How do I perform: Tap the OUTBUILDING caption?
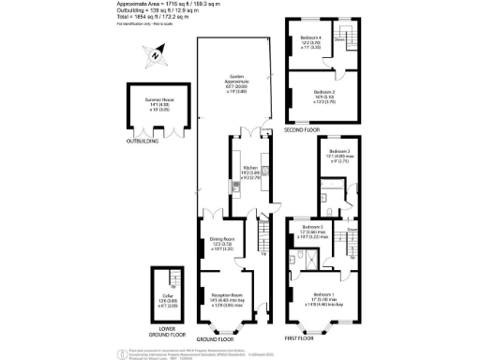143,142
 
